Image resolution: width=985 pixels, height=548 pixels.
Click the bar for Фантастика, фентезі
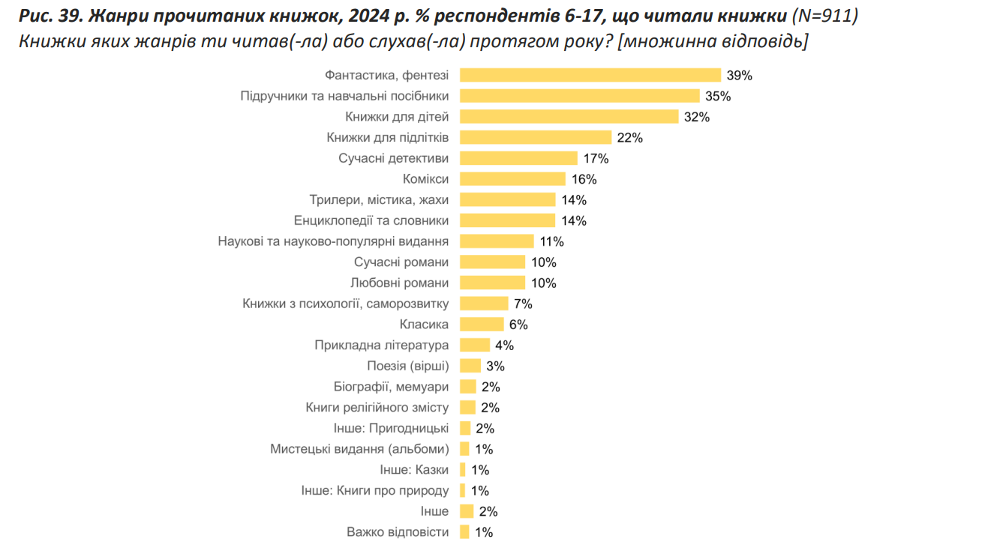[x=590, y=75]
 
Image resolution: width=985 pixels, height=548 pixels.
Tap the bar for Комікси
[x=512, y=178]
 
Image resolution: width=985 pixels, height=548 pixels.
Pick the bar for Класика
[x=482, y=325]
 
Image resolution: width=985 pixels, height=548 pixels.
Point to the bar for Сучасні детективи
[x=518, y=158]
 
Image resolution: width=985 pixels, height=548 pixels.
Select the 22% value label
[x=630, y=137]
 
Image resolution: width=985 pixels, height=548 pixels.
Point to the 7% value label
[x=523, y=304]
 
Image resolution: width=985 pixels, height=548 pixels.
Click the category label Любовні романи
[x=400, y=283]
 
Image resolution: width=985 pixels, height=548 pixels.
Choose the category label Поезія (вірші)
[x=408, y=366]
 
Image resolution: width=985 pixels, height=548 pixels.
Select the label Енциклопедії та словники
[x=371, y=220]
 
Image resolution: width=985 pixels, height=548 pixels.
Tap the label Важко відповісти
[x=398, y=532]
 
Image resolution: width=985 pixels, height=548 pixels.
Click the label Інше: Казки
[x=415, y=470]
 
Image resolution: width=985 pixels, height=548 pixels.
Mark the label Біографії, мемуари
[x=391, y=387]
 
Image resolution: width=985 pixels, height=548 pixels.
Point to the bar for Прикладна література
[x=475, y=345]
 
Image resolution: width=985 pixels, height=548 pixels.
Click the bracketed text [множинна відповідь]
[x=713, y=41]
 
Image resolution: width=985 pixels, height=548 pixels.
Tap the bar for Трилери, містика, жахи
[x=507, y=199]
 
